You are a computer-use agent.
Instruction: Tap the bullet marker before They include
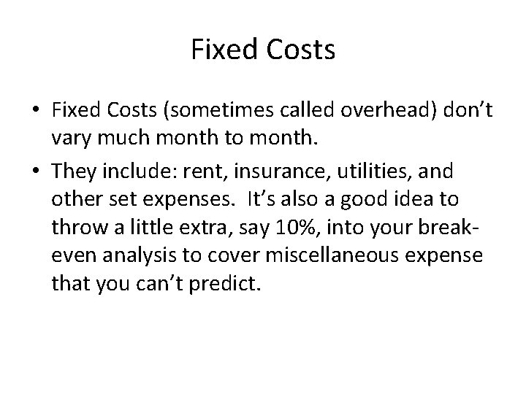coord(34,172)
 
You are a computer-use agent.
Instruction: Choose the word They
coord(72,172)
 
